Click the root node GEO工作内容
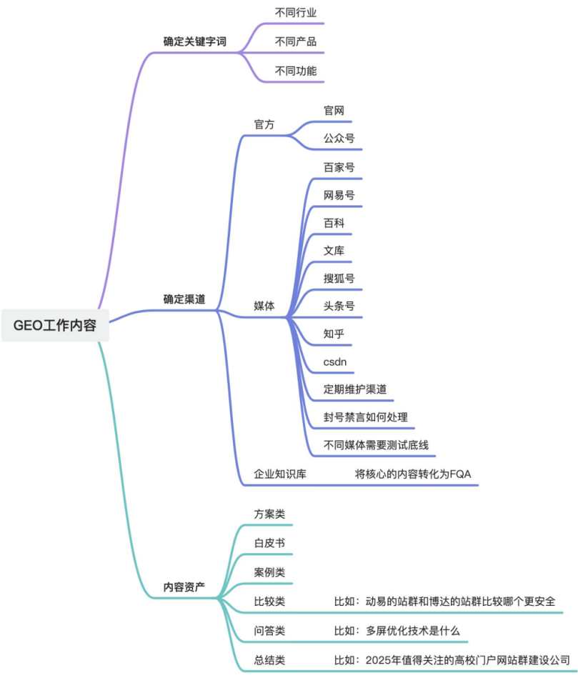55,325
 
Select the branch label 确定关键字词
194,41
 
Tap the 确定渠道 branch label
184,299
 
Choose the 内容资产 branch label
184,587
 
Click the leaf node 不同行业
296,12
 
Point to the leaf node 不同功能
296,71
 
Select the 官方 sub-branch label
264,124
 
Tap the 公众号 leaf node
339,139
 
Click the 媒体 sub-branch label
264,306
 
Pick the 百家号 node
339,167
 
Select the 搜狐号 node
339,278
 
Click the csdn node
335,362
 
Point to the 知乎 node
334,334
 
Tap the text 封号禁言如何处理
366,417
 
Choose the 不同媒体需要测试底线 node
376,445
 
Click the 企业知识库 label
280,474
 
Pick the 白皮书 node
269,543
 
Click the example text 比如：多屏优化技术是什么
397,631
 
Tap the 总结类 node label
269,660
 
